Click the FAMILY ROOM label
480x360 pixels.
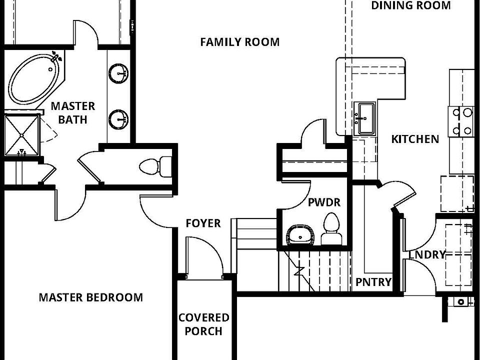(239, 42)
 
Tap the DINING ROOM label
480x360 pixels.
(410, 5)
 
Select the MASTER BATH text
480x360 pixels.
(73, 112)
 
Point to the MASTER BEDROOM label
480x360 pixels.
(90, 297)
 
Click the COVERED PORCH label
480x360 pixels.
(204, 324)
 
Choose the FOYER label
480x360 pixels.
(203, 223)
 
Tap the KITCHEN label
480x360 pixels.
(415, 139)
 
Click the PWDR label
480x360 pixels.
(324, 202)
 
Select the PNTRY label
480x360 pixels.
(373, 282)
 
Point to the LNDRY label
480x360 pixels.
(426, 255)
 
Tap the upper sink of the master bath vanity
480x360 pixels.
(118, 73)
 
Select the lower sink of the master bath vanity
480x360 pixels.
(118, 119)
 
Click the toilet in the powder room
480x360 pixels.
(330, 229)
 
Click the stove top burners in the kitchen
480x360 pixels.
(461, 121)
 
